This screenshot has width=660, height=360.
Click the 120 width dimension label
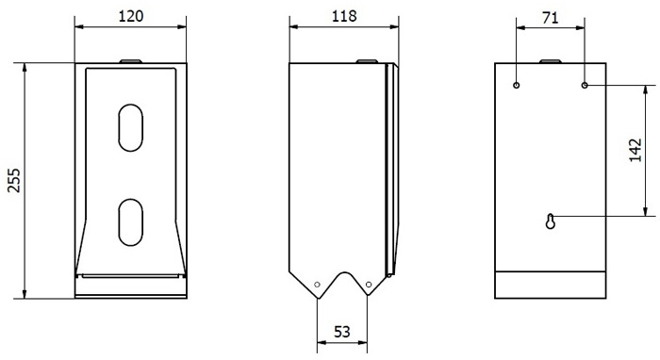pos(131,16)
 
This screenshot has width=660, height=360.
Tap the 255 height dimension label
pos(14,180)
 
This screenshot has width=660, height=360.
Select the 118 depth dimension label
pos(344,16)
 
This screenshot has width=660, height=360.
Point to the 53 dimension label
pos(341,332)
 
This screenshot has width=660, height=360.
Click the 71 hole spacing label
pos(550,18)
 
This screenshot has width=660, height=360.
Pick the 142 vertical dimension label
pos(635,150)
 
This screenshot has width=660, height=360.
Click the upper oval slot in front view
pos(130,127)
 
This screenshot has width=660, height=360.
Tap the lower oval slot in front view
pos(130,222)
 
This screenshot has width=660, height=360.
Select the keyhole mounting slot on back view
pos(550,221)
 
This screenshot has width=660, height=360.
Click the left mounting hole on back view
pos(517,86)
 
